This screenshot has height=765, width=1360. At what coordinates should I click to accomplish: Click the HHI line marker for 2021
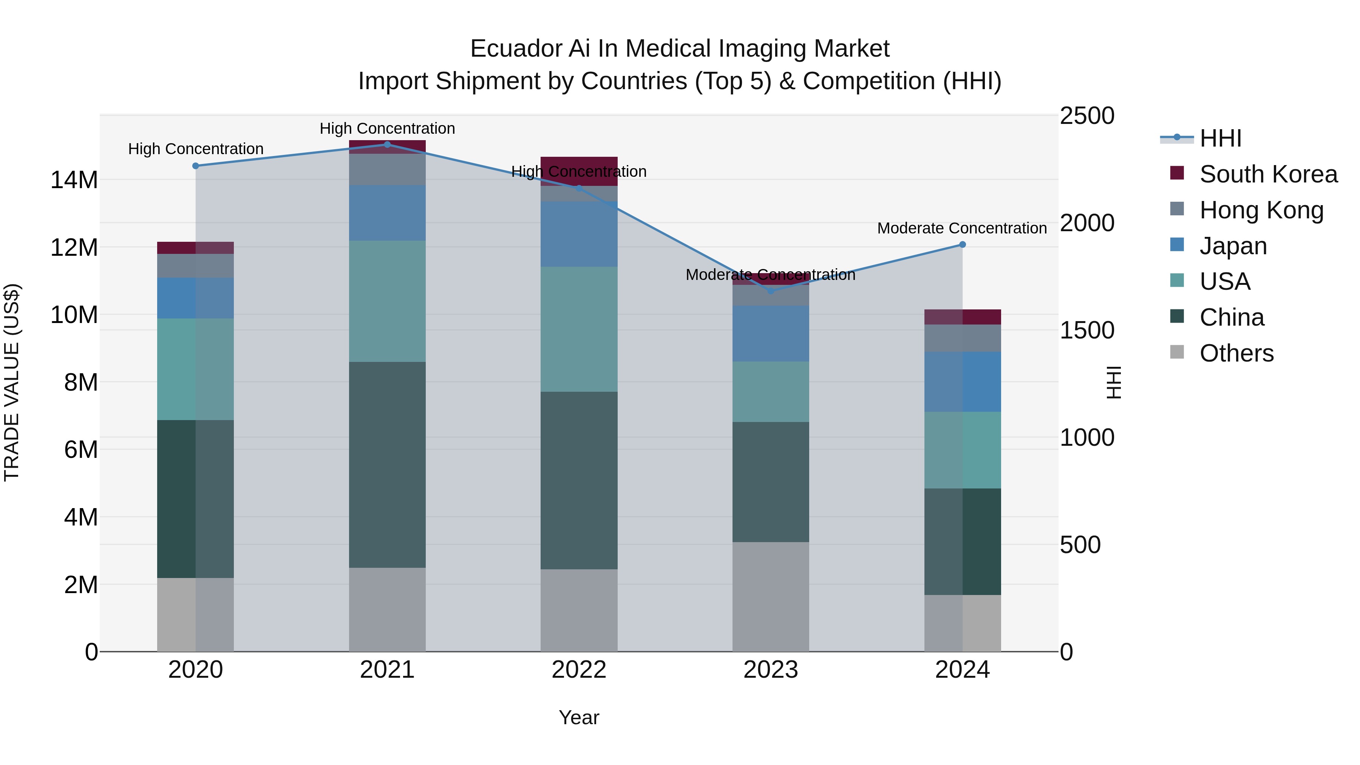click(387, 145)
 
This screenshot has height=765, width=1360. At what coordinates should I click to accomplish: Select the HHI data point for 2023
click(770, 291)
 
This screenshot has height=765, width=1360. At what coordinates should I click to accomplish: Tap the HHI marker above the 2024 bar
click(962, 244)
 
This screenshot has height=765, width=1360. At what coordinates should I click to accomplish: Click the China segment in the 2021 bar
click(387, 465)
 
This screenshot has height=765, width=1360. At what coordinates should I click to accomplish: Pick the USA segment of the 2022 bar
click(579, 329)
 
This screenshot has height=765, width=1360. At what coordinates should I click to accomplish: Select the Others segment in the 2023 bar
click(770, 597)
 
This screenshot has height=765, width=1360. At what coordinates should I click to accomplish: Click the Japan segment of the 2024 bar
click(962, 382)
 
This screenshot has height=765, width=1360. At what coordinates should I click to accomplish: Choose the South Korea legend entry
click(1267, 174)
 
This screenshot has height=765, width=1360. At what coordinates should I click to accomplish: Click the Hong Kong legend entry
click(1261, 210)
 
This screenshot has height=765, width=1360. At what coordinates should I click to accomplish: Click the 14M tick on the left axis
click(74, 180)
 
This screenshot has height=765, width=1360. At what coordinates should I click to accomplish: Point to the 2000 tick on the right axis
click(1086, 223)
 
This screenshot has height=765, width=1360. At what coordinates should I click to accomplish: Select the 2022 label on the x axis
click(579, 670)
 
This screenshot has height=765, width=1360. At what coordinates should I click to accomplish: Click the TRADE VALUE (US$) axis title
click(12, 382)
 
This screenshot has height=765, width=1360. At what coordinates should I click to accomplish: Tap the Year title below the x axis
click(579, 717)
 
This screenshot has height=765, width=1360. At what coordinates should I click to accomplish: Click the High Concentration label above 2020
click(196, 149)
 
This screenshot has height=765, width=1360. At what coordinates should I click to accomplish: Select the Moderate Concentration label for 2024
click(961, 228)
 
